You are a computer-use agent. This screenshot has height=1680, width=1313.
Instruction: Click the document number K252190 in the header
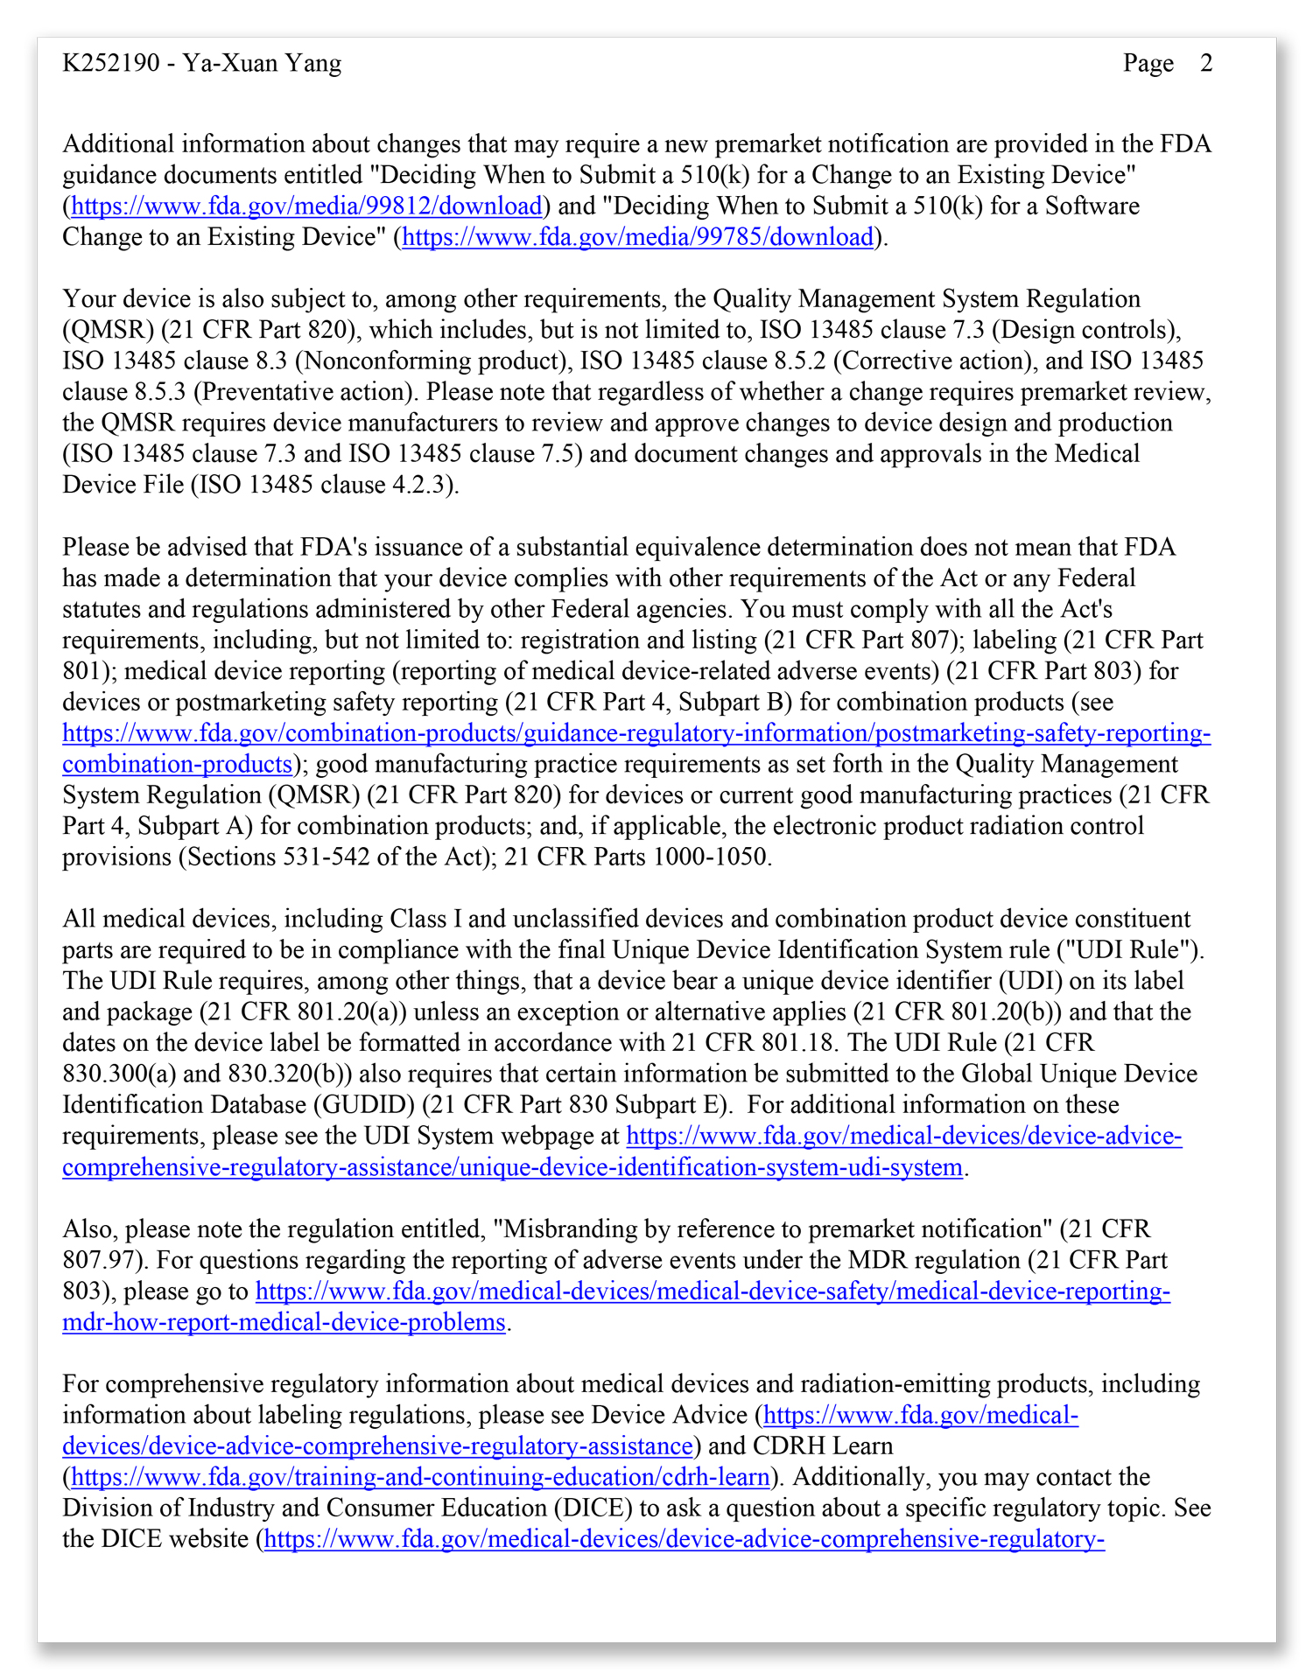click(110, 63)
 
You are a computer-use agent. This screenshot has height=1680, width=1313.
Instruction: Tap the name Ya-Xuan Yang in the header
click(262, 63)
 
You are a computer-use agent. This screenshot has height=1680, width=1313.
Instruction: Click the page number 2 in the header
click(1206, 63)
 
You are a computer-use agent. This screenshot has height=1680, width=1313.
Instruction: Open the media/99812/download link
click(306, 206)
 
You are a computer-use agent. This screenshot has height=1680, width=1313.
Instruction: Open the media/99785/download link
click(638, 237)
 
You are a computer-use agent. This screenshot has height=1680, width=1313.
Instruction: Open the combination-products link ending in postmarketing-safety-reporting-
click(636, 733)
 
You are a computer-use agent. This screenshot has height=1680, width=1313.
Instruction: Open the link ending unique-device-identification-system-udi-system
click(512, 1167)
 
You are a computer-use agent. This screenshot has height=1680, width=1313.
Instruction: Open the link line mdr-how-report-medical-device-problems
click(284, 1322)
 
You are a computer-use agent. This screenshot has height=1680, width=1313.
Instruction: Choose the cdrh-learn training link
click(420, 1478)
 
